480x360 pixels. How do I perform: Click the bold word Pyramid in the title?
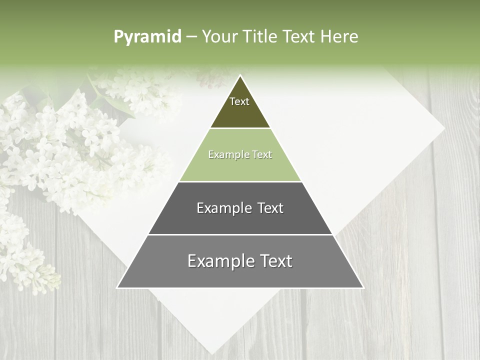(147, 37)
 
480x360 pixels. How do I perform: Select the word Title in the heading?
(260, 37)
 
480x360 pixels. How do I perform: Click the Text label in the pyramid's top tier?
(239, 101)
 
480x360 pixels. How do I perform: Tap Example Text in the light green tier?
(240, 154)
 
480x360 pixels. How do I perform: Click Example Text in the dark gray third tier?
(240, 208)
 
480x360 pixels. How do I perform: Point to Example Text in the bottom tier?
(240, 261)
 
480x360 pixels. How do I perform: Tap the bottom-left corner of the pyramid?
(117, 287)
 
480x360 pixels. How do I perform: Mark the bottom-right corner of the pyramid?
(363, 287)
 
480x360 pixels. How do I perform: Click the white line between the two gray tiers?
(240, 234)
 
